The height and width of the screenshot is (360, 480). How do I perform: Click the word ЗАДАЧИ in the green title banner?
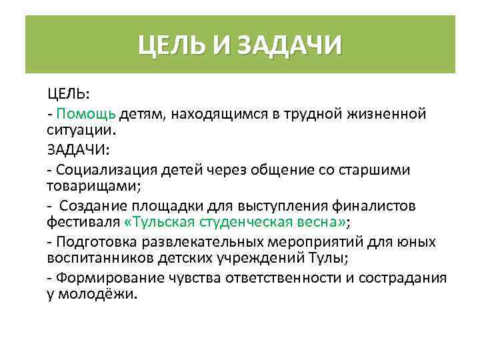click(x=289, y=46)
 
